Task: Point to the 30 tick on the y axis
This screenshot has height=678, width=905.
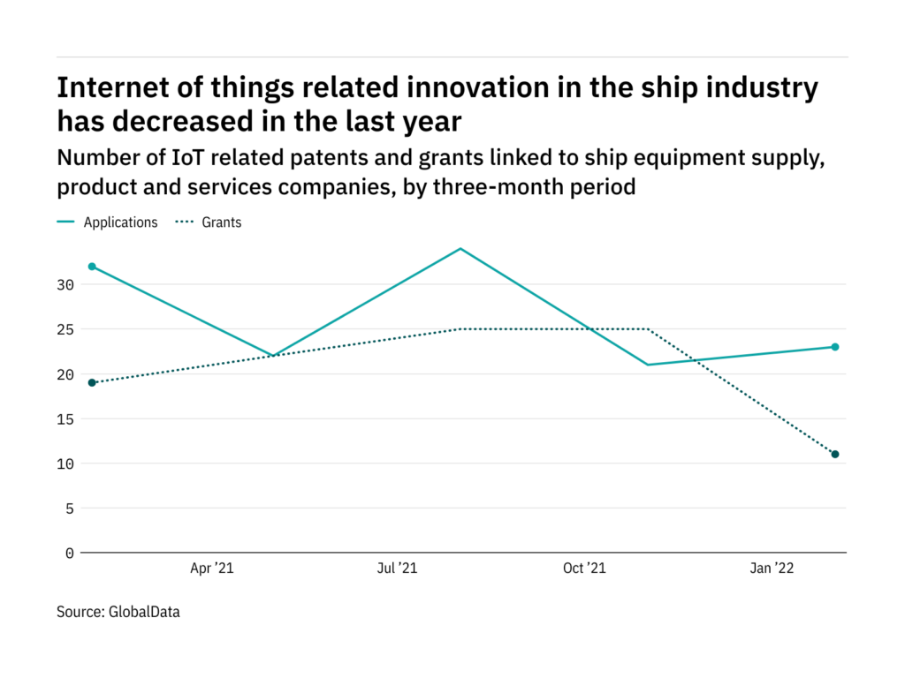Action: point(67,285)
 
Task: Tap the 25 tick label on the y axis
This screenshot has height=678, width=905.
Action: point(67,329)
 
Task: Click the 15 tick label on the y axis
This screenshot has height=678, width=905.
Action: point(67,419)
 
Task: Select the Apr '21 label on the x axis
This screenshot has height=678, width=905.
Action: point(213,569)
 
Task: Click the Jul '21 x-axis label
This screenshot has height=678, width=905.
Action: point(397,569)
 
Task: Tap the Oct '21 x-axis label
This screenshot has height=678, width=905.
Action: point(584,569)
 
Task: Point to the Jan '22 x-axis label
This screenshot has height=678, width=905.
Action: point(772,569)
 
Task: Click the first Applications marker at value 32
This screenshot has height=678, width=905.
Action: point(92,267)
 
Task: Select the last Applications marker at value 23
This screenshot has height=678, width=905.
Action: point(835,347)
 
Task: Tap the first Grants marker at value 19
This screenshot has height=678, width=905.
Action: point(92,382)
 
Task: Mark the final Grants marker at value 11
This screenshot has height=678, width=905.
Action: point(835,454)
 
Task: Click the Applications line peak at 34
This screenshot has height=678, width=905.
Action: point(460,249)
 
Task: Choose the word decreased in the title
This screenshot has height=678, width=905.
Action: point(204,120)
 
